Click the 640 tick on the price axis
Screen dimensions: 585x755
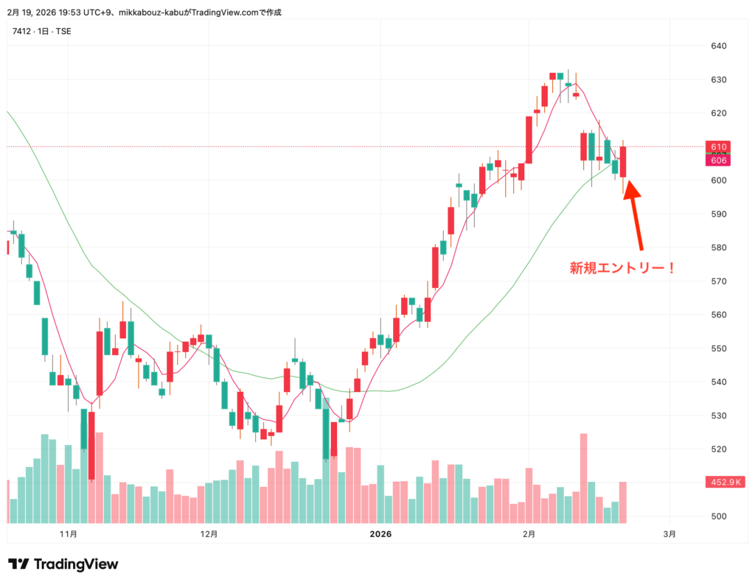click(x=719, y=46)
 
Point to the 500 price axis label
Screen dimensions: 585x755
click(x=719, y=516)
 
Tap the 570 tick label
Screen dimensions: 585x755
click(x=719, y=281)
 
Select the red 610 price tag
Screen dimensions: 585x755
click(x=720, y=147)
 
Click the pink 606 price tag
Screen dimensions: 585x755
click(x=720, y=161)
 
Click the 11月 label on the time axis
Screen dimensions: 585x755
click(x=69, y=533)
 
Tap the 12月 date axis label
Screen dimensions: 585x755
click(x=209, y=533)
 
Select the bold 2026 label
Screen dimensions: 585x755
click(x=380, y=533)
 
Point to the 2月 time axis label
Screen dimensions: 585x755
click(x=529, y=533)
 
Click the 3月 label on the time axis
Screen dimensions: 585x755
click(x=669, y=533)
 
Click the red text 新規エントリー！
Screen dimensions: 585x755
click(x=622, y=268)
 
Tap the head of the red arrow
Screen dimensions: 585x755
click(x=632, y=189)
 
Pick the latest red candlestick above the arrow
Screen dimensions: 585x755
click(x=623, y=161)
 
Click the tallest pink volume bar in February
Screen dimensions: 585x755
click(x=583, y=477)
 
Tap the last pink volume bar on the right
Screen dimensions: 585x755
click(x=623, y=502)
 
